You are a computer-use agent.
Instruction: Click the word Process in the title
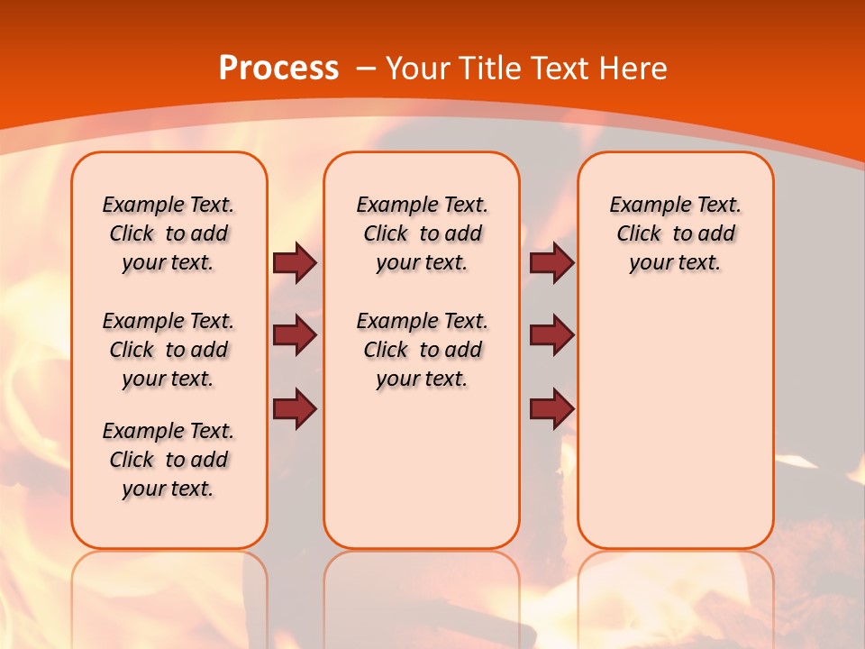pyautogui.click(x=279, y=68)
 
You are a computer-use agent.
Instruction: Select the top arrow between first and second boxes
pyautogui.click(x=295, y=262)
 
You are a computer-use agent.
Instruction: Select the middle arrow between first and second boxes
pyautogui.click(x=295, y=335)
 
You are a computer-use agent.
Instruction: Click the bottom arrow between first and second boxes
pyautogui.click(x=295, y=408)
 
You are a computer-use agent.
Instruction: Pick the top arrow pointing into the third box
pyautogui.click(x=551, y=262)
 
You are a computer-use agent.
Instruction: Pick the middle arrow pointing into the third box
pyautogui.click(x=551, y=335)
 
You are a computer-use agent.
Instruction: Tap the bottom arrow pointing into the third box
pyautogui.click(x=551, y=408)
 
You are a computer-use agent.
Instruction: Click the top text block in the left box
pyautogui.click(x=168, y=233)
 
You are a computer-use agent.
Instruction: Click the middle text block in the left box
pyautogui.click(x=168, y=350)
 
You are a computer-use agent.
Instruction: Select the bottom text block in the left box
pyautogui.click(x=168, y=460)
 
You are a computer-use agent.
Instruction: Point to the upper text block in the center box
pyautogui.click(x=422, y=233)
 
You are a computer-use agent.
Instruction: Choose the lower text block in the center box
pyautogui.click(x=422, y=350)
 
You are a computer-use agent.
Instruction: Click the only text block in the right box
pyautogui.click(x=675, y=233)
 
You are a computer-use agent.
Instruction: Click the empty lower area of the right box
pyautogui.click(x=675, y=424)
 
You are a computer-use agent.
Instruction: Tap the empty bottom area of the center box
pyautogui.click(x=422, y=478)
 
